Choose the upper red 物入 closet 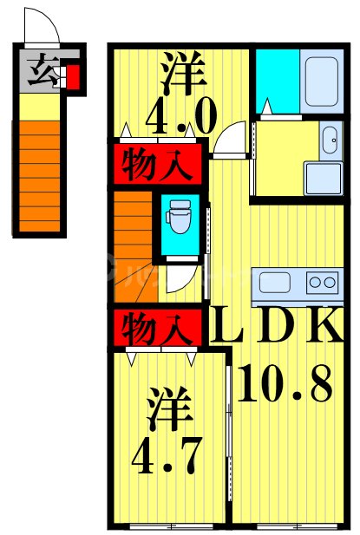pos(159,162)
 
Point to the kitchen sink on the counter pos(277,284)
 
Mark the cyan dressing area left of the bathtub pos(276,81)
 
